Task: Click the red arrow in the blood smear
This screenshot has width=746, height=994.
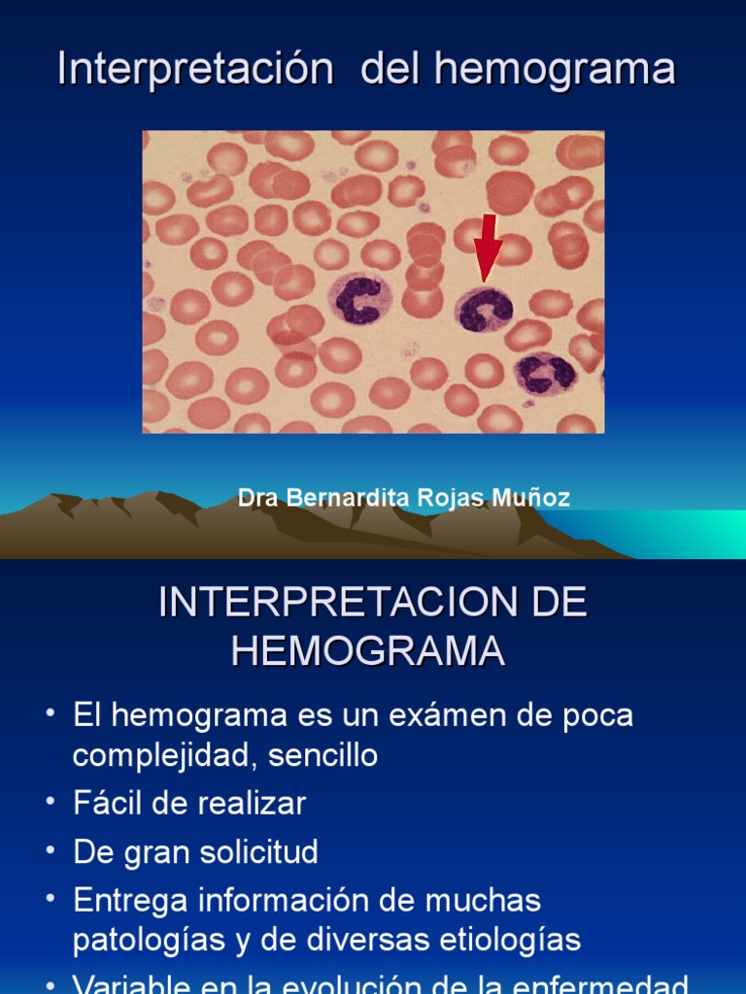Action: [x=488, y=247]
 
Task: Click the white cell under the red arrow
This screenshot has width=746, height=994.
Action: [x=483, y=310]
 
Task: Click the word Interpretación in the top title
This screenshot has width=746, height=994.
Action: [x=196, y=70]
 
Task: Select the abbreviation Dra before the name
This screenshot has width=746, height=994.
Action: [x=256, y=498]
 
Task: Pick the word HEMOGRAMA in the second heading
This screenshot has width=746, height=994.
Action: [x=368, y=650]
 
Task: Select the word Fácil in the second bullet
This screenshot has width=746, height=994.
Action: [x=109, y=804]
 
